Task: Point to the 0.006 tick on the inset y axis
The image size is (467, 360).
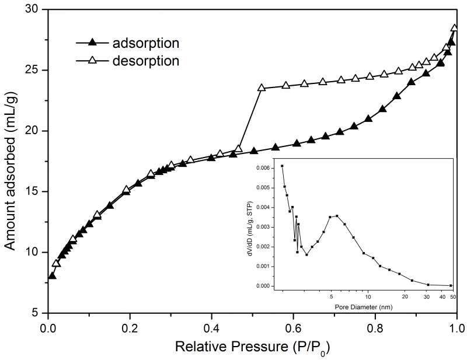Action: tap(264, 167)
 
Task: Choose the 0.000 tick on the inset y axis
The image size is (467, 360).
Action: tap(264, 286)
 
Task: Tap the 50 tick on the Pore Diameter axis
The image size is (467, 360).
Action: tap(452, 296)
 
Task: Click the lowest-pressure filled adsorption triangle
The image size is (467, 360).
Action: tap(52, 275)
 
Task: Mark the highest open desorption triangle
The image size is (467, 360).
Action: tap(455, 28)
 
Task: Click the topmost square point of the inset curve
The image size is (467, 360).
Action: tap(282, 166)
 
